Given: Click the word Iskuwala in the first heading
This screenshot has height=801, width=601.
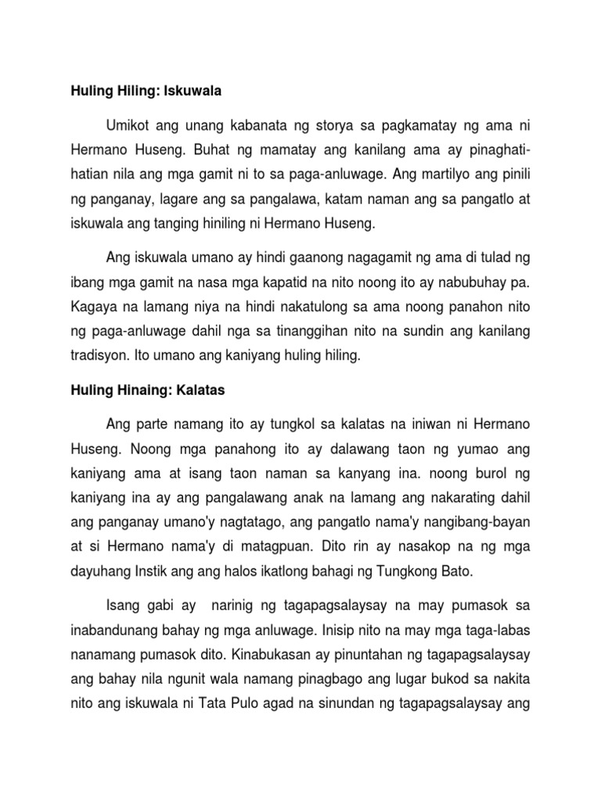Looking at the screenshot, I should [193, 92].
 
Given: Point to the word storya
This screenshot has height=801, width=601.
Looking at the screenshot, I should [333, 126].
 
